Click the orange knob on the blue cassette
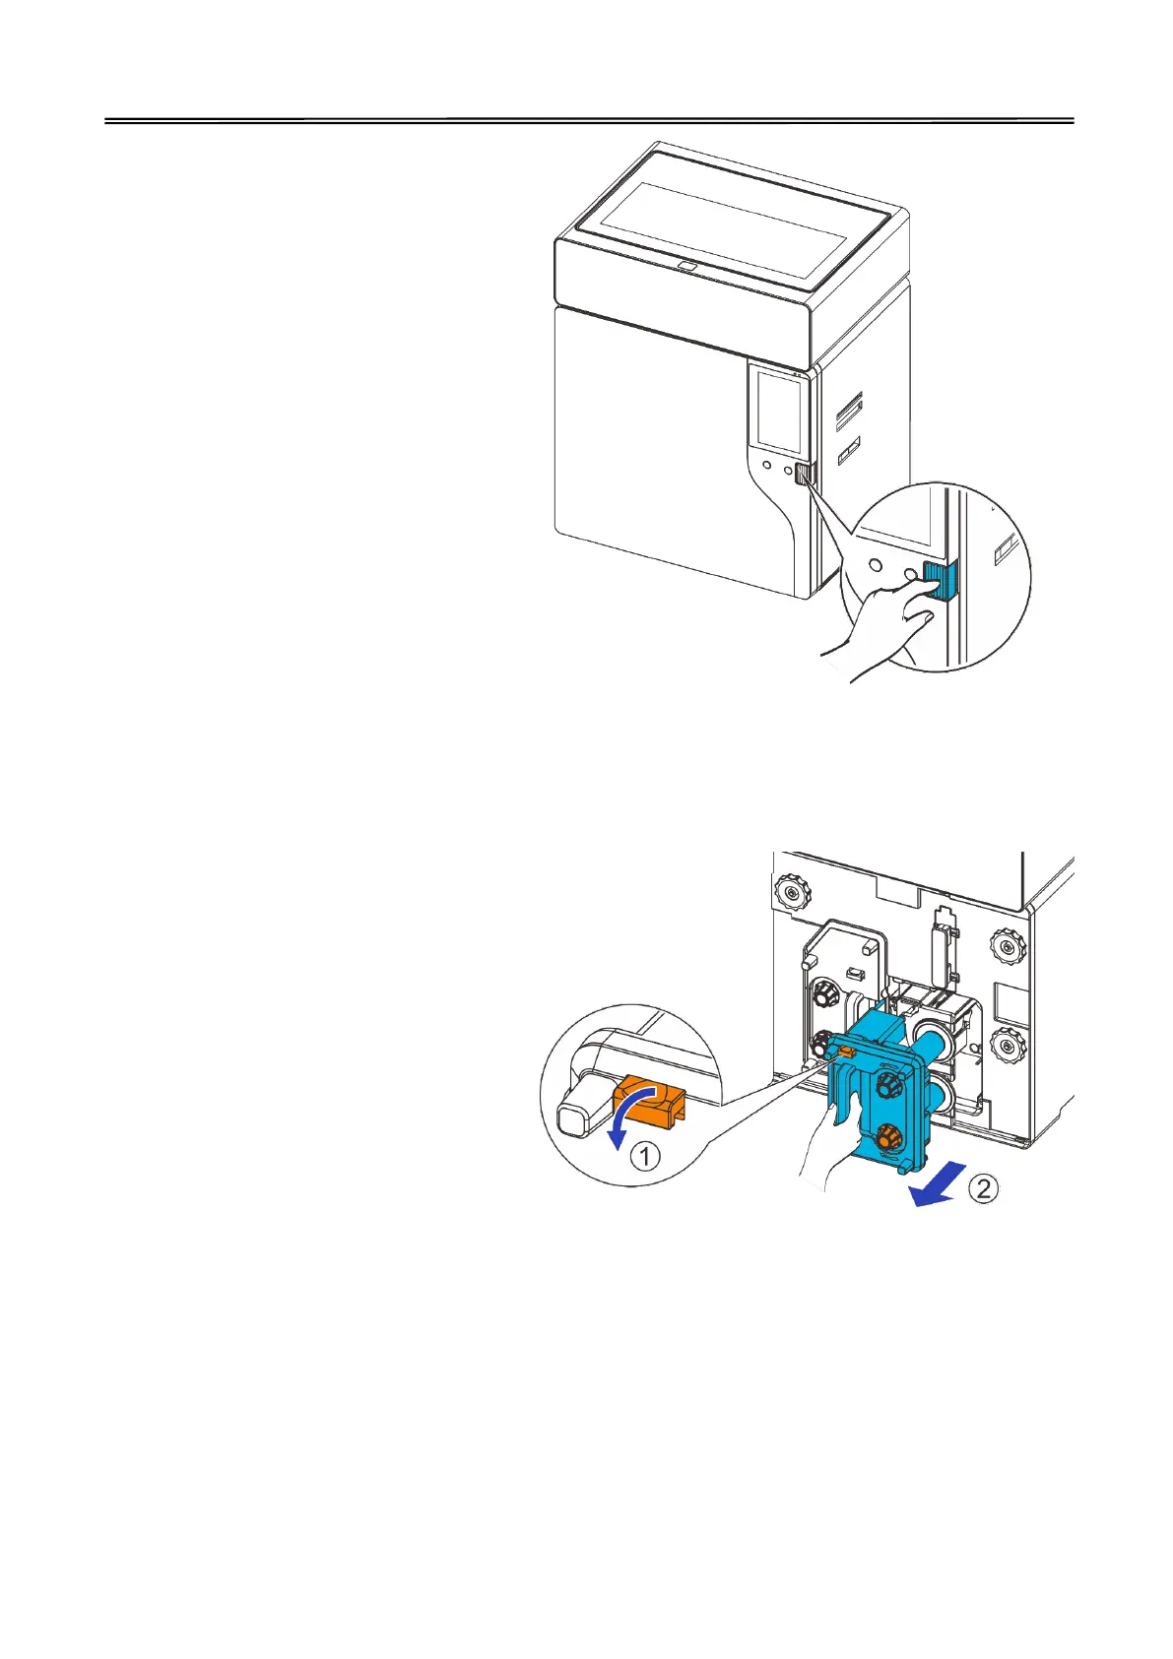pyautogui.click(x=887, y=1138)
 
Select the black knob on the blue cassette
pyautogui.click(x=888, y=1085)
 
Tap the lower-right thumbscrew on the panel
pyautogui.click(x=1010, y=1042)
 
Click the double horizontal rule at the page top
pyautogui.click(x=589, y=122)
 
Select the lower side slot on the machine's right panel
pyautogui.click(x=848, y=453)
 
